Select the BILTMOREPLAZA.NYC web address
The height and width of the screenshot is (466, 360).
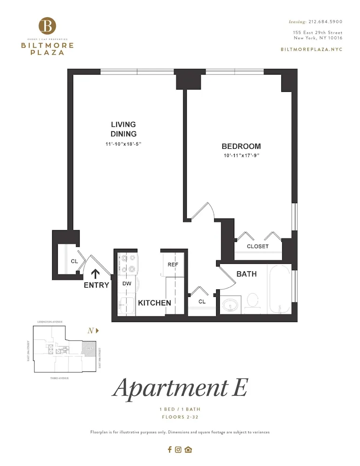coord(312,49)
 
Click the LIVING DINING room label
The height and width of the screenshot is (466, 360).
coord(123,129)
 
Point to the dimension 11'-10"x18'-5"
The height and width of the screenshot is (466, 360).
coord(123,144)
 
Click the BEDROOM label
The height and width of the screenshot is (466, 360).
coord(241,146)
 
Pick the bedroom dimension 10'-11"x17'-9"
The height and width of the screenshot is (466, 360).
coord(241,156)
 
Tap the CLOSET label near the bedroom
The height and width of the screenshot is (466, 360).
coord(258,246)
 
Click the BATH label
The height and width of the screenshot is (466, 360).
coord(246,274)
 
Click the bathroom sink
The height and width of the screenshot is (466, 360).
coord(230,306)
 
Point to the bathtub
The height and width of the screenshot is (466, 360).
coord(279,290)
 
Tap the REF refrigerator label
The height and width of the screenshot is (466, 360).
coord(173,265)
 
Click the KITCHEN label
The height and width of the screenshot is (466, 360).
coord(155,303)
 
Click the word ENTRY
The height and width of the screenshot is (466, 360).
coord(96,285)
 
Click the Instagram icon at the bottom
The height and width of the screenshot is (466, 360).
coord(178,450)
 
